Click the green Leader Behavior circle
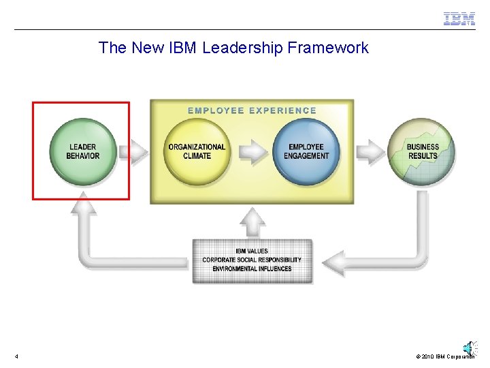(x=82, y=151)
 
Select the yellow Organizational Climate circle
(x=197, y=151)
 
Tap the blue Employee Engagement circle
(x=306, y=151)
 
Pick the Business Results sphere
(x=422, y=151)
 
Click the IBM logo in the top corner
(x=459, y=19)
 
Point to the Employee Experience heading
(x=252, y=110)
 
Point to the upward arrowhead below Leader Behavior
(x=84, y=202)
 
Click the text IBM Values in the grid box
(x=252, y=251)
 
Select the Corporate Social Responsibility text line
(x=252, y=260)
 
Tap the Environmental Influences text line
(x=252, y=269)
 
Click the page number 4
(x=16, y=356)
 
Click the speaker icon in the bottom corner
(x=469, y=348)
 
